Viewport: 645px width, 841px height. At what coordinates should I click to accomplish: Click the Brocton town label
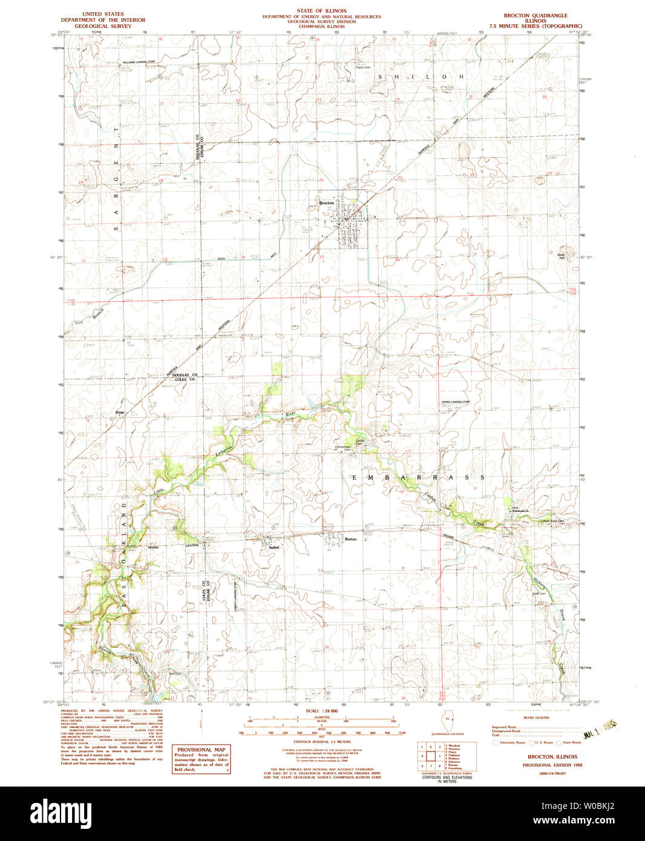tap(326, 203)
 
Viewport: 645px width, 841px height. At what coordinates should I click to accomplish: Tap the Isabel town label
tap(273, 548)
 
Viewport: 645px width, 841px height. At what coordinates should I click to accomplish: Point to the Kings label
tap(119, 412)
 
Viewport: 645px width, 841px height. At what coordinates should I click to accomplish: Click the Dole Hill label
tap(561, 256)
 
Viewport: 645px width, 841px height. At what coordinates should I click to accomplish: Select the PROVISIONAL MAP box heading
tap(201, 750)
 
